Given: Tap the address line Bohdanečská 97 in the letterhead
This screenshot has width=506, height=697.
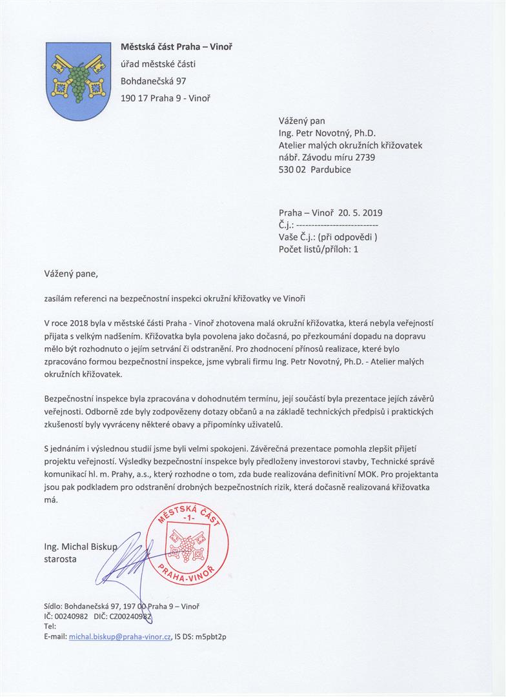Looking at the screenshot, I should click(x=154, y=81).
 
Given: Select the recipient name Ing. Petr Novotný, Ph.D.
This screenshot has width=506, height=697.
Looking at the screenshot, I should click(x=332, y=134).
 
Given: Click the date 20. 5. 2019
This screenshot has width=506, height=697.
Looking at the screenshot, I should click(x=359, y=212).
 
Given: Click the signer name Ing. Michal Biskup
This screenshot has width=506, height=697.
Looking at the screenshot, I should click(x=81, y=547).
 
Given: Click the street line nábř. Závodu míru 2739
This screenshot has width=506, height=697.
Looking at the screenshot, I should click(x=327, y=157).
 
